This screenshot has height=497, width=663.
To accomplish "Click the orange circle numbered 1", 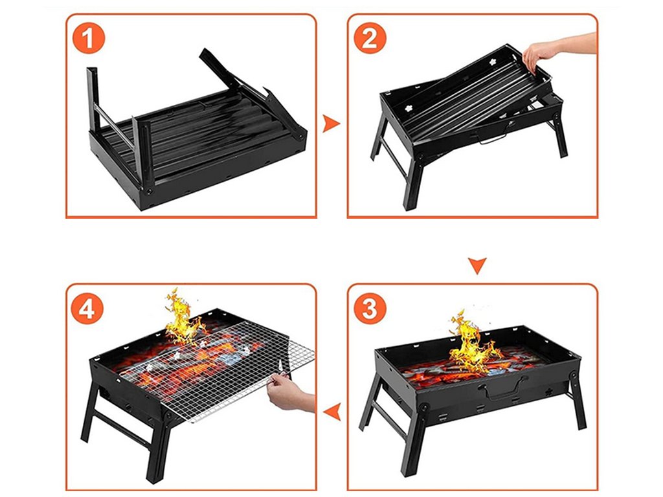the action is coord(88,38).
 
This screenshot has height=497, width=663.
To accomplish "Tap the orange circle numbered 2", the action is coord(370,38).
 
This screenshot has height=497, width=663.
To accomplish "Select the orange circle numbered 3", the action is coord(370,308).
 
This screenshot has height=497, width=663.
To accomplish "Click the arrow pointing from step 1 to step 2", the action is coord(331,124).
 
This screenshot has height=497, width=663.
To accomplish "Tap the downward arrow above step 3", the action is coord(477,266).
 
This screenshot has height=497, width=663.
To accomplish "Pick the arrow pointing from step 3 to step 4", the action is coord(333,411).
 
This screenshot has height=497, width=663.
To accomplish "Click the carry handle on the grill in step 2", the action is coord(493,138).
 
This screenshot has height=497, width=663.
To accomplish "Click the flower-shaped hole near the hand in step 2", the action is coord(493,61).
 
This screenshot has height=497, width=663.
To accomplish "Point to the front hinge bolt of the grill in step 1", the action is coord(150,192).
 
